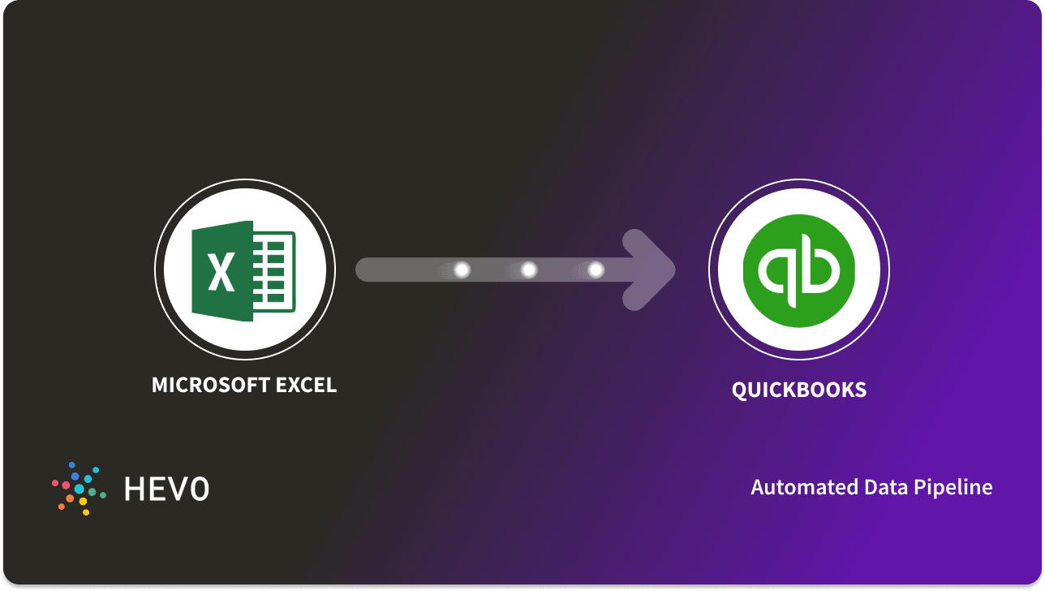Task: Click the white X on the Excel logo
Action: [220, 270]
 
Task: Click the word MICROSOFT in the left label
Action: [209, 385]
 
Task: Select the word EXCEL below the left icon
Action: [306, 385]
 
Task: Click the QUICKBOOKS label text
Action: [799, 390]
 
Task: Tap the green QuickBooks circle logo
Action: [799, 270]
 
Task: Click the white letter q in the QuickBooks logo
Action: [776, 271]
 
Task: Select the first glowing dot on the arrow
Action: [462, 270]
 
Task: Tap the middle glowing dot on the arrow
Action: [528, 270]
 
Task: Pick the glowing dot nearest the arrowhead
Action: [596, 270]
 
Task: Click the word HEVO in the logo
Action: [166, 489]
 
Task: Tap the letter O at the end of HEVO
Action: [199, 489]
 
